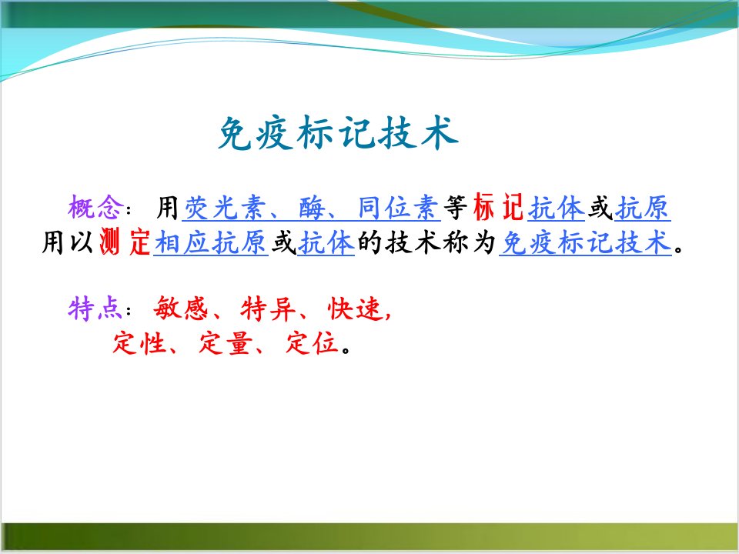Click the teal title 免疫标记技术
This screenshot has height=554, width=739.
click(x=338, y=133)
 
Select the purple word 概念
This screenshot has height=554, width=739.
click(x=95, y=207)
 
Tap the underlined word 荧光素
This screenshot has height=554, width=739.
click(x=226, y=208)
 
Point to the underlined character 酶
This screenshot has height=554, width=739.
click(x=312, y=208)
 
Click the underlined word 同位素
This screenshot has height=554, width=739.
click(x=398, y=208)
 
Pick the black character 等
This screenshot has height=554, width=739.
click(x=456, y=208)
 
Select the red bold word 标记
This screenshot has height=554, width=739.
click(x=499, y=207)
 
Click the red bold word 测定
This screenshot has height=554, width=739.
click(x=125, y=242)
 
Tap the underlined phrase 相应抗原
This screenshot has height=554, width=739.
click(x=211, y=243)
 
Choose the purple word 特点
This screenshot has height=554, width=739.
click(x=95, y=309)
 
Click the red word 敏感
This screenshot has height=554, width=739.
click(x=180, y=309)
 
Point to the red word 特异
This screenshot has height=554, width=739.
click(x=268, y=309)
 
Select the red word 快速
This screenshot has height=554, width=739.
click(x=354, y=309)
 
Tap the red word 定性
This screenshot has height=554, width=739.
click(x=139, y=343)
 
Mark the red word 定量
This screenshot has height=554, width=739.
click(x=226, y=343)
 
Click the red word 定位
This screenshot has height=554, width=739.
click(x=313, y=343)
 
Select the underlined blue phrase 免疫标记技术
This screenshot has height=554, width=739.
click(x=586, y=243)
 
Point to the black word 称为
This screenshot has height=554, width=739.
click(x=469, y=243)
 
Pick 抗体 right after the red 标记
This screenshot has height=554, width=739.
click(x=557, y=208)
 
